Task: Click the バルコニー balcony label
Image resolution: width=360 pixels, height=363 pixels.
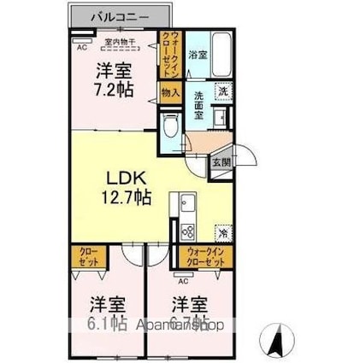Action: point(120,16)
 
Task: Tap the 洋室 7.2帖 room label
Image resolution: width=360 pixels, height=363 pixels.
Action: point(113,79)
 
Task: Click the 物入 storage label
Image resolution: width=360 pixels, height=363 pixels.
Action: point(169,91)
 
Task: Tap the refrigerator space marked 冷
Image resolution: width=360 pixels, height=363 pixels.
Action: point(221,231)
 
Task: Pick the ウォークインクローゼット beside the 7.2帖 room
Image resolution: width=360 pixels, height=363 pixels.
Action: point(170,54)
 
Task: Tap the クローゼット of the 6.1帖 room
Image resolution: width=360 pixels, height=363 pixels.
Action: point(89,257)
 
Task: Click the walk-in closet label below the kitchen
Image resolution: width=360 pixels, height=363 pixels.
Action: point(203,256)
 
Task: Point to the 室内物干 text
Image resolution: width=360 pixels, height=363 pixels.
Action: point(119,39)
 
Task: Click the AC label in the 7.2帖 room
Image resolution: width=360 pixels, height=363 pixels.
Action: point(82,48)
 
